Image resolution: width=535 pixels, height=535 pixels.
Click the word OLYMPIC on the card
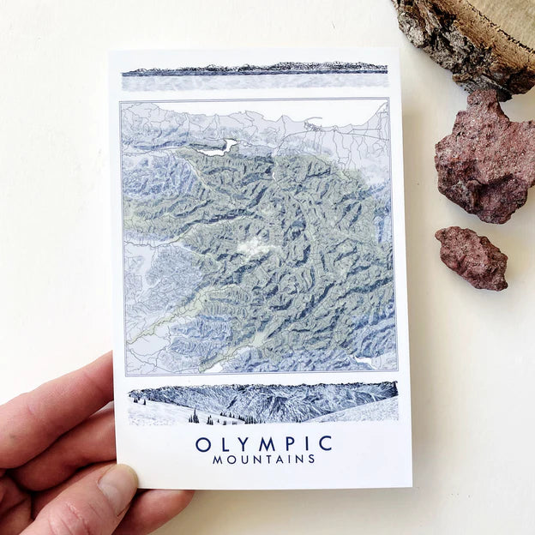click(x=263, y=443)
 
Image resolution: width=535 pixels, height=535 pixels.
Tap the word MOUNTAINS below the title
click(x=263, y=460)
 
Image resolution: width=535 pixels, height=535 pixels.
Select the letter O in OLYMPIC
click(x=202, y=444)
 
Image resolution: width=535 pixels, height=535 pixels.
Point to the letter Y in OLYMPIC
click(x=243, y=443)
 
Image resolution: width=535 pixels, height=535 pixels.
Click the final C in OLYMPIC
click(x=325, y=443)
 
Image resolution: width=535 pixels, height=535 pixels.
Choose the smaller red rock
click(x=472, y=256)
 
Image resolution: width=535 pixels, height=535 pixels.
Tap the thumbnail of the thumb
click(x=117, y=490)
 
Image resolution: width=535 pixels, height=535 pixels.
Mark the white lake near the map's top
click(x=219, y=147)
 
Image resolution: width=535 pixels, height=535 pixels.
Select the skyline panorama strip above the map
click(x=254, y=69)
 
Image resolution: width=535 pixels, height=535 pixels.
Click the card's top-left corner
click(x=111, y=53)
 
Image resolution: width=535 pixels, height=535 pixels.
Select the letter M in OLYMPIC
click(x=264, y=443)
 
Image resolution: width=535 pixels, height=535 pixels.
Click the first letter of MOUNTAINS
click(x=217, y=460)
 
